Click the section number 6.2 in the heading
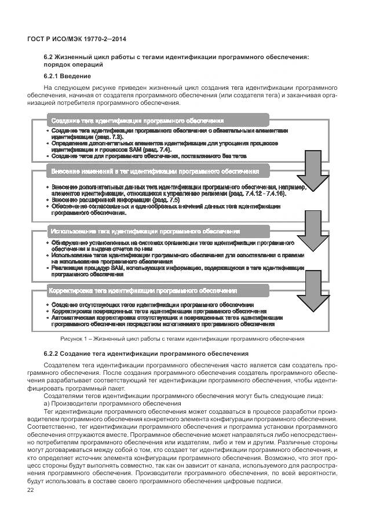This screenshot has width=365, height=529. tap(49, 56)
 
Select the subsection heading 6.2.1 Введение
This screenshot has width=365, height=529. tap(67, 76)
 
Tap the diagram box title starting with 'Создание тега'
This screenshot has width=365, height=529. tap(137, 121)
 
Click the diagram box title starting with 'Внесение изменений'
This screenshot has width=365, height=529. tap(155, 172)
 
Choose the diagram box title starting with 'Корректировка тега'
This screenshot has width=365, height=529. tap(143, 290)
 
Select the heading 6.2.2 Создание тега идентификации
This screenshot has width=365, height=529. tap(146, 353)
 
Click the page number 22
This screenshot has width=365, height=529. tap(31, 491)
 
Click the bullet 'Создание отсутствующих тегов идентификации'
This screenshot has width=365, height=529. tap(152, 305)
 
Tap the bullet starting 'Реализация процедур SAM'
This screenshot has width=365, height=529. tap(177, 268)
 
